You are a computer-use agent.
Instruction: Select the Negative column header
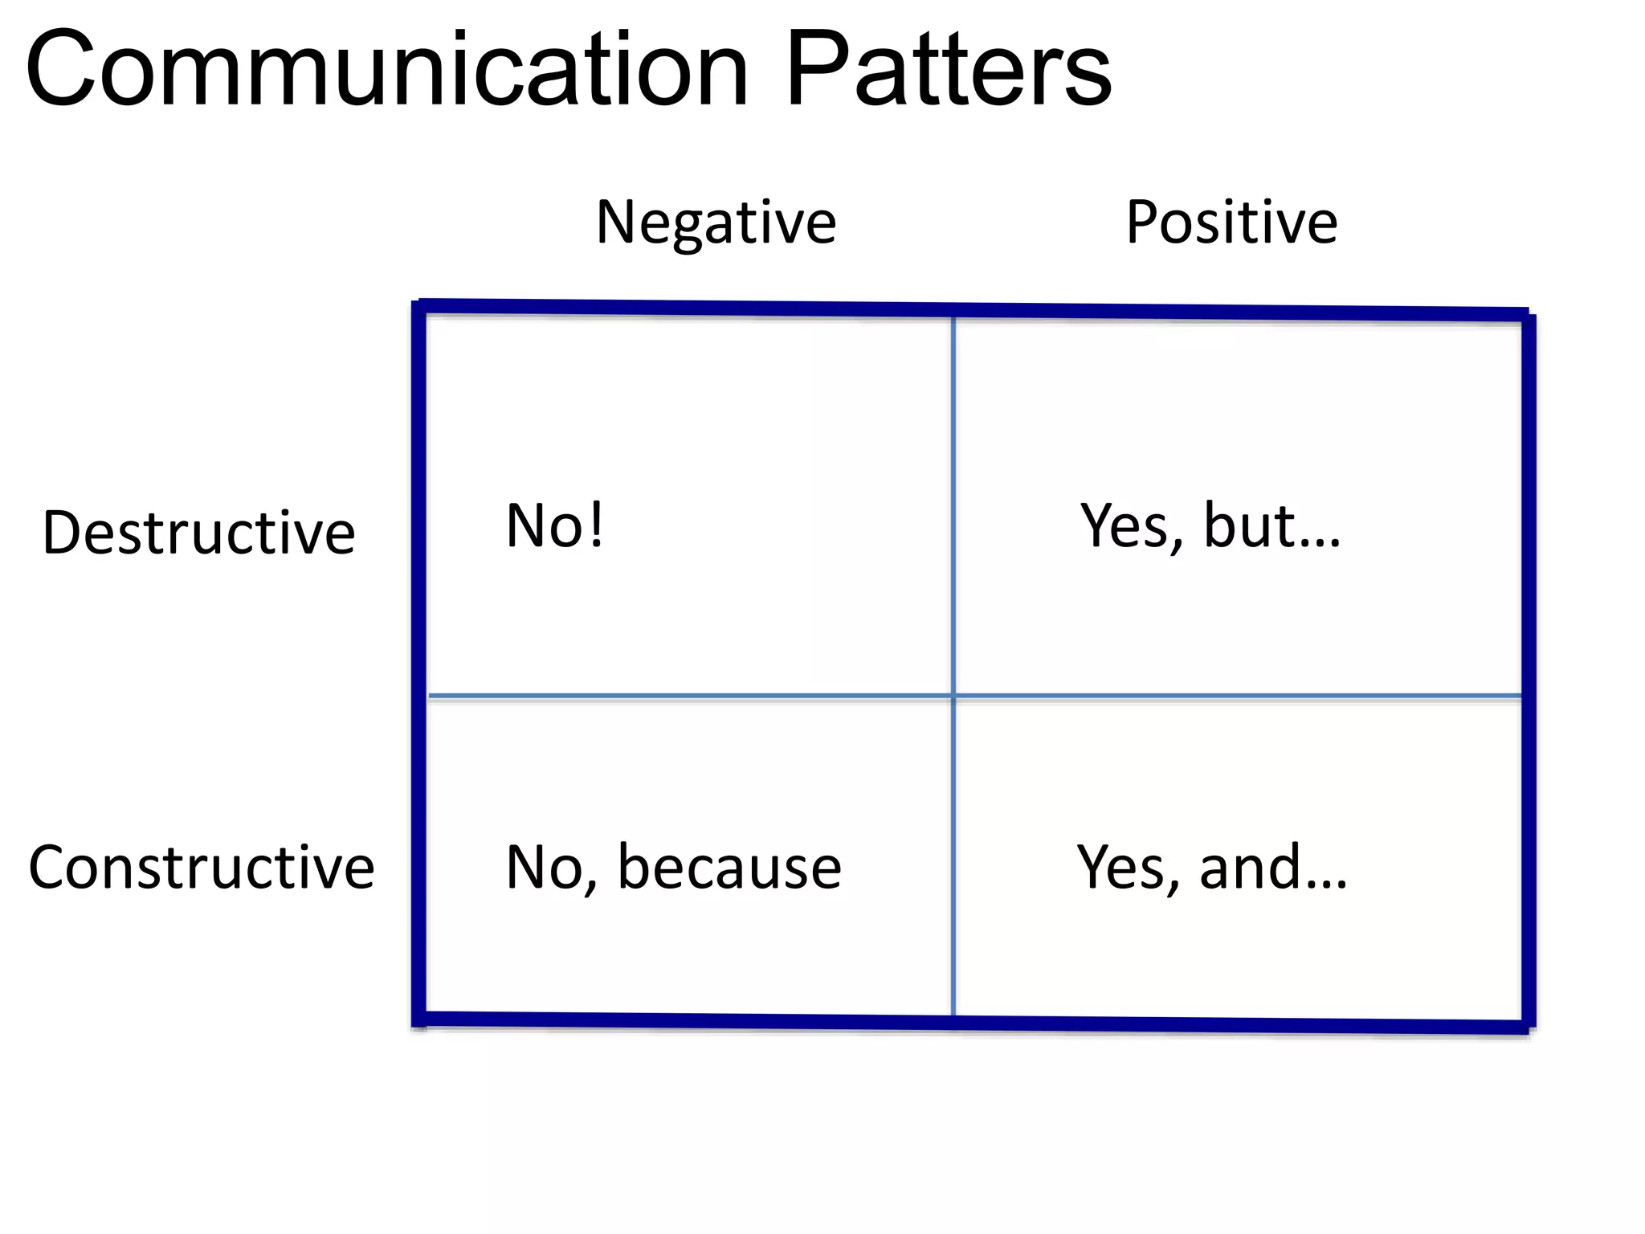[x=716, y=223]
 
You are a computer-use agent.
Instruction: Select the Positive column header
[x=1231, y=223]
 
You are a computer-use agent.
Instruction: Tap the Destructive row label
[x=198, y=533]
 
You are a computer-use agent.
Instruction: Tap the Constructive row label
[x=202, y=868]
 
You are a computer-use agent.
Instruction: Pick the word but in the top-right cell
[x=1249, y=526]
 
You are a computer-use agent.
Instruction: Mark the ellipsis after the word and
[x=1326, y=885]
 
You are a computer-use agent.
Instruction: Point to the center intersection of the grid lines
[x=953, y=696]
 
